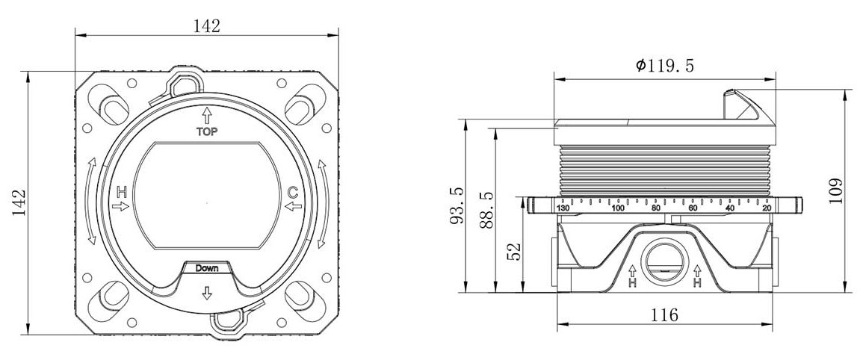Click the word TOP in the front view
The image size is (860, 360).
click(207, 131)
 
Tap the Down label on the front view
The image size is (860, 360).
click(207, 268)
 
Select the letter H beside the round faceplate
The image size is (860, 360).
click(122, 192)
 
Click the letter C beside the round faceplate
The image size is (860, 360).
click(294, 193)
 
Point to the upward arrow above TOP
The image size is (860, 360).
click(207, 116)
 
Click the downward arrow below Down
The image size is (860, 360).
click(207, 293)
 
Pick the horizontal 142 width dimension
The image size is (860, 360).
click(207, 25)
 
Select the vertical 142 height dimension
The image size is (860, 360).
click(19, 202)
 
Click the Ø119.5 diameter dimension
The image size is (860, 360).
click(665, 66)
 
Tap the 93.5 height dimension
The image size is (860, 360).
click(457, 205)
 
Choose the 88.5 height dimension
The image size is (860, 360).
click(486, 210)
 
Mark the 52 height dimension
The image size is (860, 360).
click(514, 252)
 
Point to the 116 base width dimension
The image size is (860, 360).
click(665, 315)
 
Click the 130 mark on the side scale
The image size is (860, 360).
click(563, 208)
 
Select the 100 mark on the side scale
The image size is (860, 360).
click(618, 208)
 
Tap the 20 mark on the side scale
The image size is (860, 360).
click(767, 208)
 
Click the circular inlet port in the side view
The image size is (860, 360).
click(665, 261)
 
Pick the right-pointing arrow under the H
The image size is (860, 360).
click(120, 206)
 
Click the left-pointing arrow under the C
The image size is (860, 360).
click(294, 206)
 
